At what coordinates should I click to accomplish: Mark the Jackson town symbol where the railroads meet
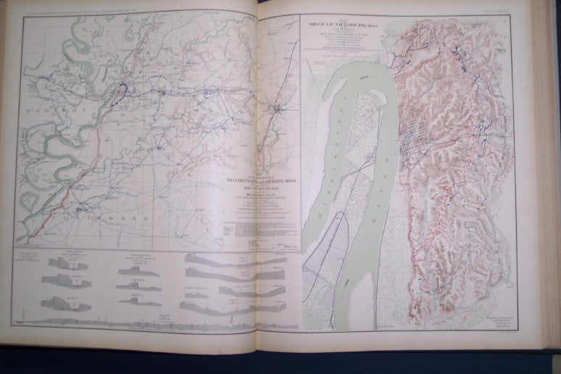(277, 109)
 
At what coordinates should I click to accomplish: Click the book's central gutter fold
(259, 181)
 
